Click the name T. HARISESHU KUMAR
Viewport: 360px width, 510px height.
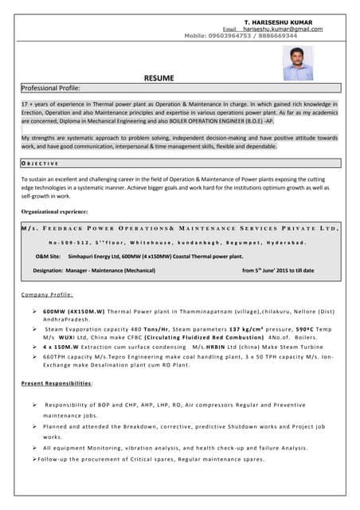tap(278, 22)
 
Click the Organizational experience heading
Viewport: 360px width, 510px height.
tap(54, 211)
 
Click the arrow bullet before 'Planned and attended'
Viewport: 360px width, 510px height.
tap(35, 426)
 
